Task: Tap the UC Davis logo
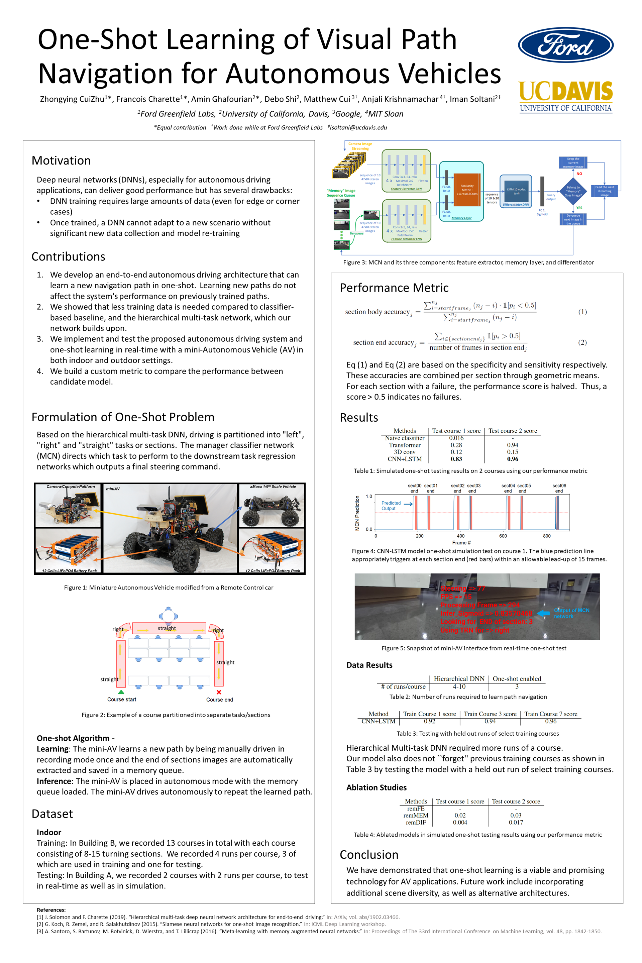565,97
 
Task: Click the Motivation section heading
61,160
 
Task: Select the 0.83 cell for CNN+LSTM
456,459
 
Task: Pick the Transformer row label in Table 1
405,445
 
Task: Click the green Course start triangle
121,692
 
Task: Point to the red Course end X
219,692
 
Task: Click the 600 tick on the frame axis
503,536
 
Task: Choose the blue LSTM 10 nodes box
516,191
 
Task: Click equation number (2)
582,342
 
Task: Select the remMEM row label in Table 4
416,815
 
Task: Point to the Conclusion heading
369,855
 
